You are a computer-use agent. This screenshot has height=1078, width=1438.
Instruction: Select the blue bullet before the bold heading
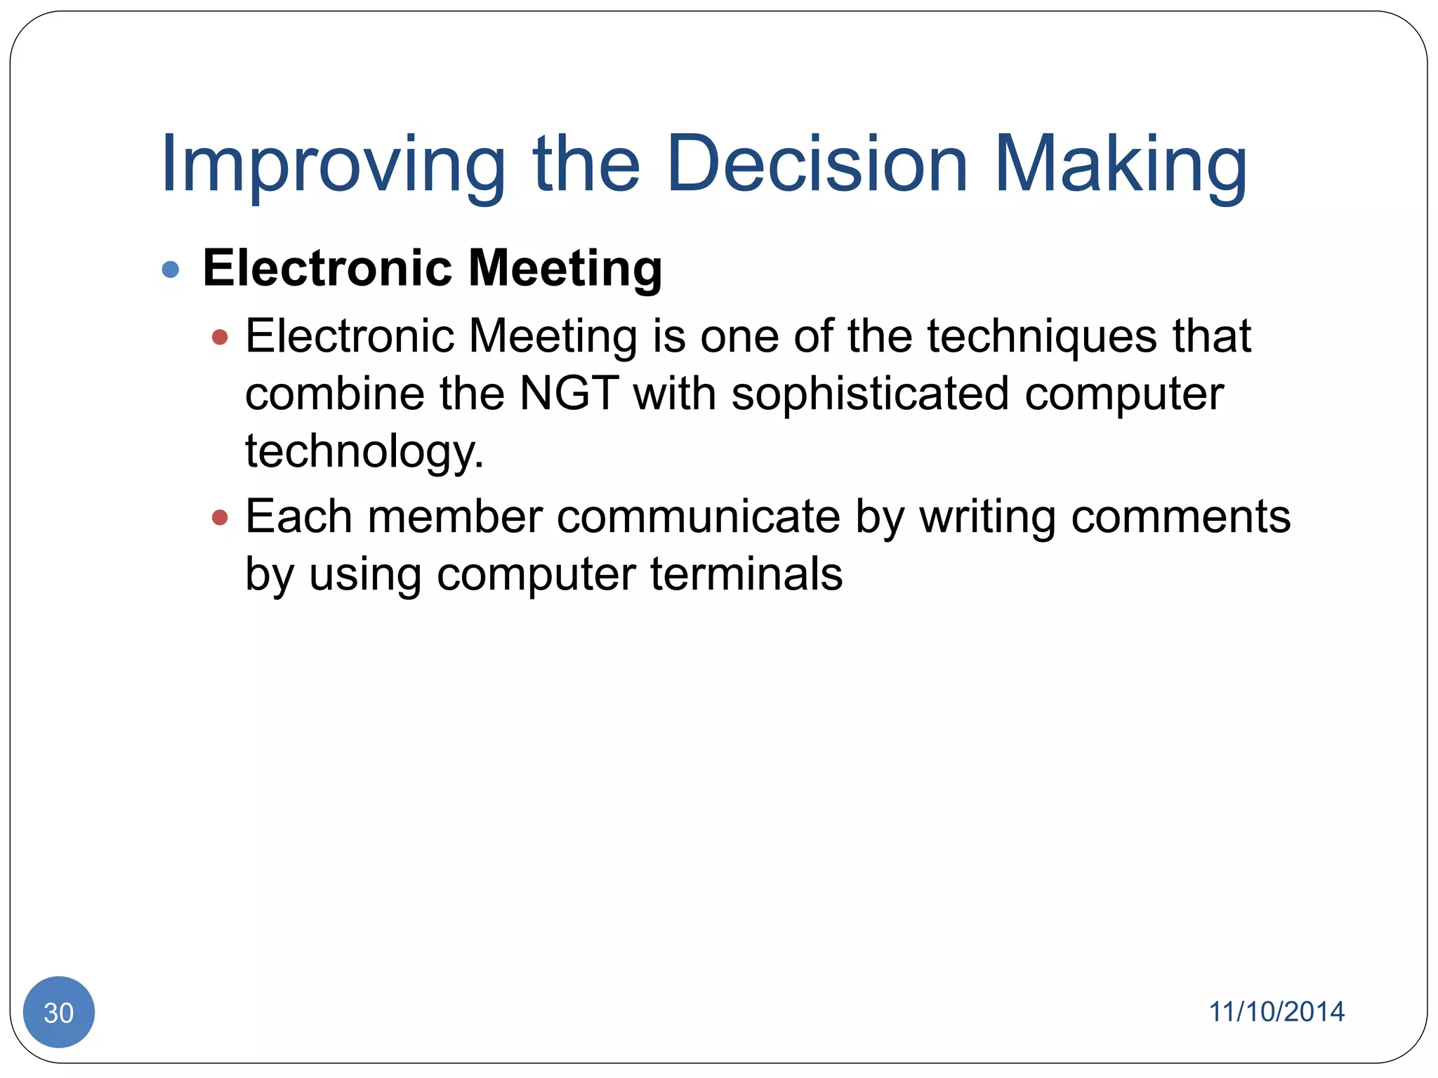coord(171,269)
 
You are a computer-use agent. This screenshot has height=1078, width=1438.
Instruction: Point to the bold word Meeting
coord(565,269)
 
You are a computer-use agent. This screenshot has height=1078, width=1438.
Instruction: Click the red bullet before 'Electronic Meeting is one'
coord(220,338)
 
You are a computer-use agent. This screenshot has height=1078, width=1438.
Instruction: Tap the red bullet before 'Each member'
coord(220,518)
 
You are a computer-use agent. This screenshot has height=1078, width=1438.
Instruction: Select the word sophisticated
coord(870,394)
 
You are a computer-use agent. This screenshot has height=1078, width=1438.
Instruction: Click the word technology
coord(364,452)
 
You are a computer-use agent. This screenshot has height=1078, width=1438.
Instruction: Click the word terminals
coord(746,574)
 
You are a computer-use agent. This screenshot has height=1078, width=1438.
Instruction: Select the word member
coord(455,517)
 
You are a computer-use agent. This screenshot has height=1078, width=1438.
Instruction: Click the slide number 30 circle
coord(59,1012)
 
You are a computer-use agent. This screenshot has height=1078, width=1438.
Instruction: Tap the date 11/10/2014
coord(1276,1011)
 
